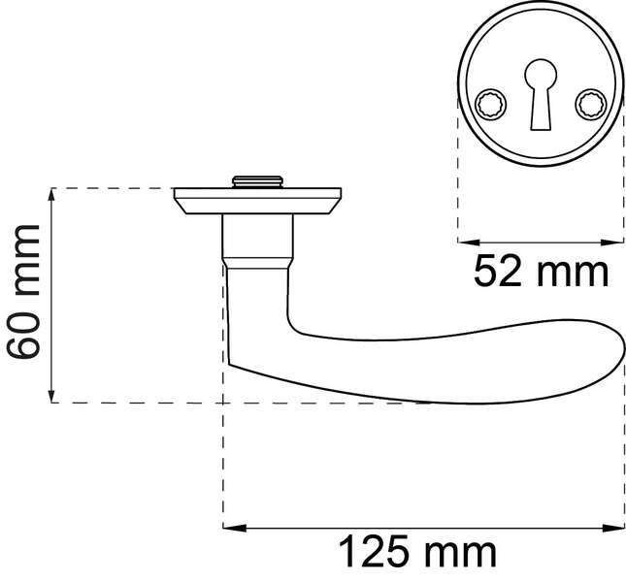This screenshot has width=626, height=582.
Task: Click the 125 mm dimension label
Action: pyautogui.click(x=417, y=553)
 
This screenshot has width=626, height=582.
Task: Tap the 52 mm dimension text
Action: pyautogui.click(x=541, y=272)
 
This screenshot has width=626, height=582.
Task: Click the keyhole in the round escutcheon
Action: pyautogui.click(x=541, y=94)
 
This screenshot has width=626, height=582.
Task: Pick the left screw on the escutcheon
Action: pyautogui.click(x=491, y=105)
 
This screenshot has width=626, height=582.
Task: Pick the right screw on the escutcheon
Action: pyautogui.click(x=591, y=105)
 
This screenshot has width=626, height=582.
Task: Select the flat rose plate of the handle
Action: pyautogui.click(x=257, y=201)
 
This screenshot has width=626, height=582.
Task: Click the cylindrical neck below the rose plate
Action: pyautogui.click(x=258, y=236)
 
